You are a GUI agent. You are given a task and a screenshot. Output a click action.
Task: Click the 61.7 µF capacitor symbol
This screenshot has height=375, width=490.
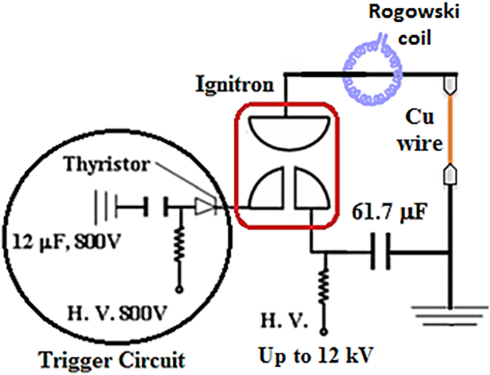tap(381, 253)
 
